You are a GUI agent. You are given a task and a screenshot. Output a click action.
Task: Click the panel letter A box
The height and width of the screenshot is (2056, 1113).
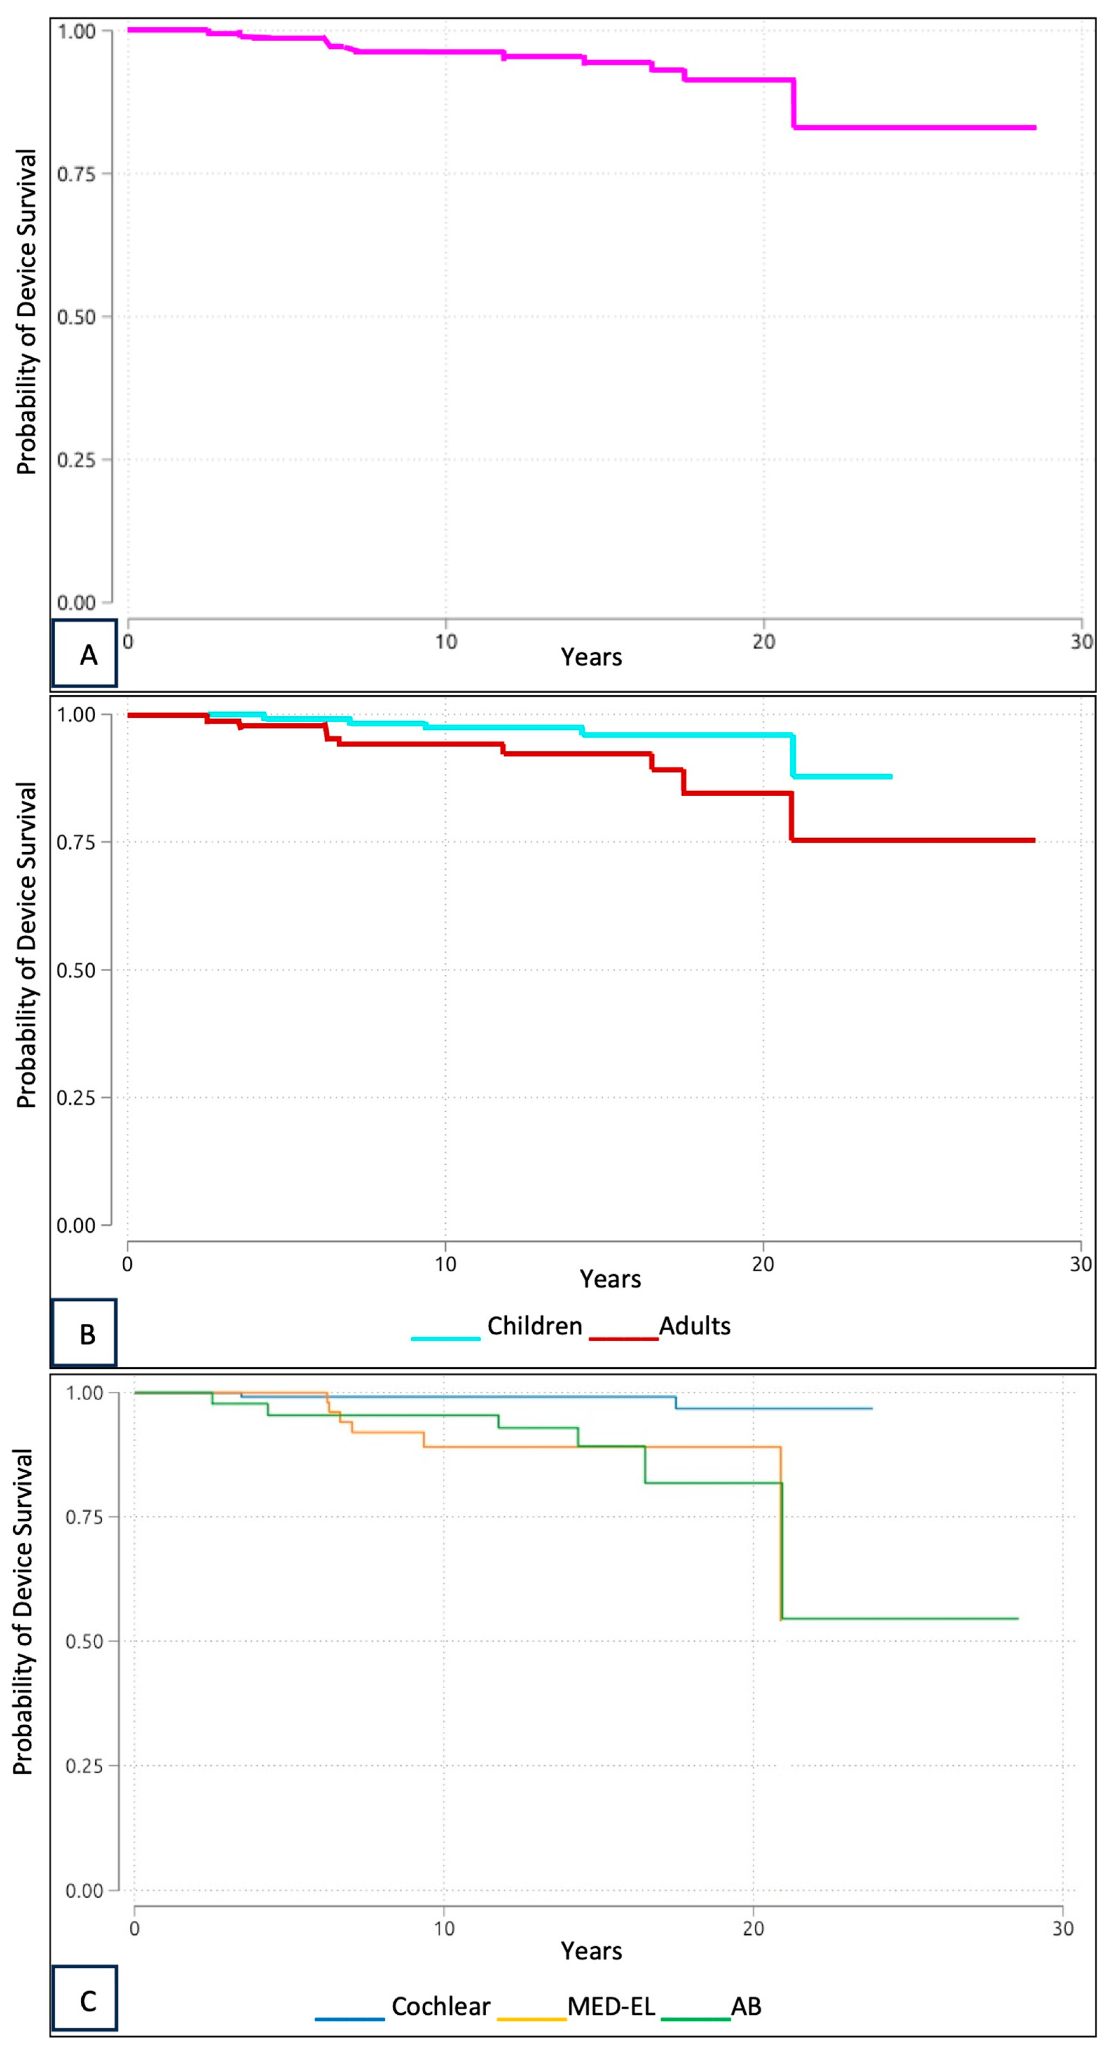85,654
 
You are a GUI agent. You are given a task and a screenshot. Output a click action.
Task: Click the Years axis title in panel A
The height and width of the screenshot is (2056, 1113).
591,657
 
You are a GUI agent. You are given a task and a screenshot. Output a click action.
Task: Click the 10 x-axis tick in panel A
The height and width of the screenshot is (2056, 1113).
445,642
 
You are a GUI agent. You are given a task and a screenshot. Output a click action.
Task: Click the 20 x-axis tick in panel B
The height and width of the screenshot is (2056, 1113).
763,1264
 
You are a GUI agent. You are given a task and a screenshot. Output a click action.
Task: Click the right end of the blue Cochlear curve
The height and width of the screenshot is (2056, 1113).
871,1409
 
